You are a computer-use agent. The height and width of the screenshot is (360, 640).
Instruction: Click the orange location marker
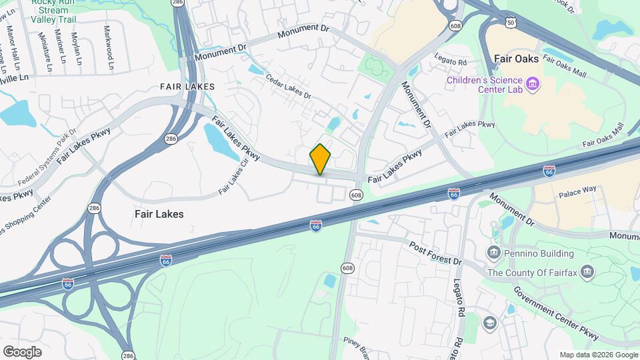coord(320,159)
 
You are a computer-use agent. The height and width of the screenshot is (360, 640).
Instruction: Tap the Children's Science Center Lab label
coord(485,86)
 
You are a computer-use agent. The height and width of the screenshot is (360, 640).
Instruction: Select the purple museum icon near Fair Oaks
coord(533,85)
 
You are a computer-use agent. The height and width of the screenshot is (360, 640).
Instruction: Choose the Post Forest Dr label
coord(435,253)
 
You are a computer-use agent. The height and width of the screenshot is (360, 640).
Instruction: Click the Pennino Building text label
coord(539,253)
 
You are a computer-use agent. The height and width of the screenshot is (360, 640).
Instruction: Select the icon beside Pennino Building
coord(494,252)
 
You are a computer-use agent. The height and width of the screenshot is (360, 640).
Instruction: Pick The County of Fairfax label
coord(531,273)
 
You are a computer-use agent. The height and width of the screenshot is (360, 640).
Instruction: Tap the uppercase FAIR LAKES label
coord(187,87)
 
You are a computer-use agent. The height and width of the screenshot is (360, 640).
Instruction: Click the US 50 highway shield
coord(510,23)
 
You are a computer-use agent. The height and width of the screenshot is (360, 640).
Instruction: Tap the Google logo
coord(22,351)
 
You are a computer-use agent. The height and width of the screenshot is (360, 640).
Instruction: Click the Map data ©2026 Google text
coord(598,355)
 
